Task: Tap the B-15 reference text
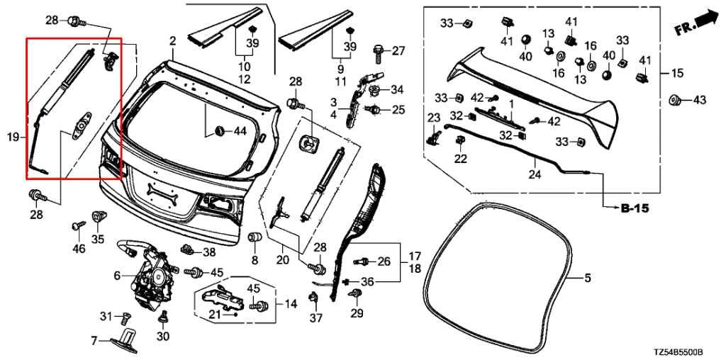pos(635,208)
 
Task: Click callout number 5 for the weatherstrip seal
pos(587,278)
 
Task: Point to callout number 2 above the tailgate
pos(172,42)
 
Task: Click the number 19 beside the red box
pos(13,136)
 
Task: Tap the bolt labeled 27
pos(378,52)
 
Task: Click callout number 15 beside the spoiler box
pos(677,73)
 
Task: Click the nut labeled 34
pos(376,90)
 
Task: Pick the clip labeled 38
pos(189,249)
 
